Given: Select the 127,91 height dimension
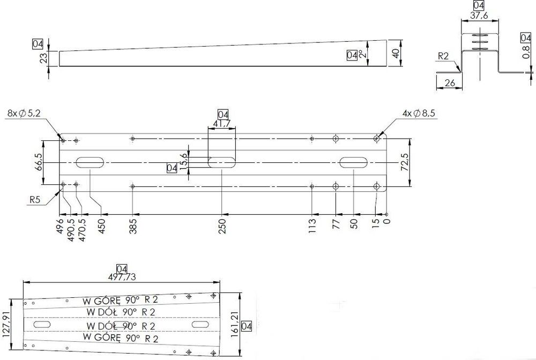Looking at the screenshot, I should [6, 323].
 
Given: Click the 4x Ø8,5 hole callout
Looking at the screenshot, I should [420, 113].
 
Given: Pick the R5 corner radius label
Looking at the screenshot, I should [36, 200].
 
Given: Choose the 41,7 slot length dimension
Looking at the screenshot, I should [221, 123].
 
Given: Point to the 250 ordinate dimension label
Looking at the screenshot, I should [222, 225].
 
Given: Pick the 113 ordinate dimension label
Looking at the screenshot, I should [312, 225].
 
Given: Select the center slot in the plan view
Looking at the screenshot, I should [221, 162].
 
